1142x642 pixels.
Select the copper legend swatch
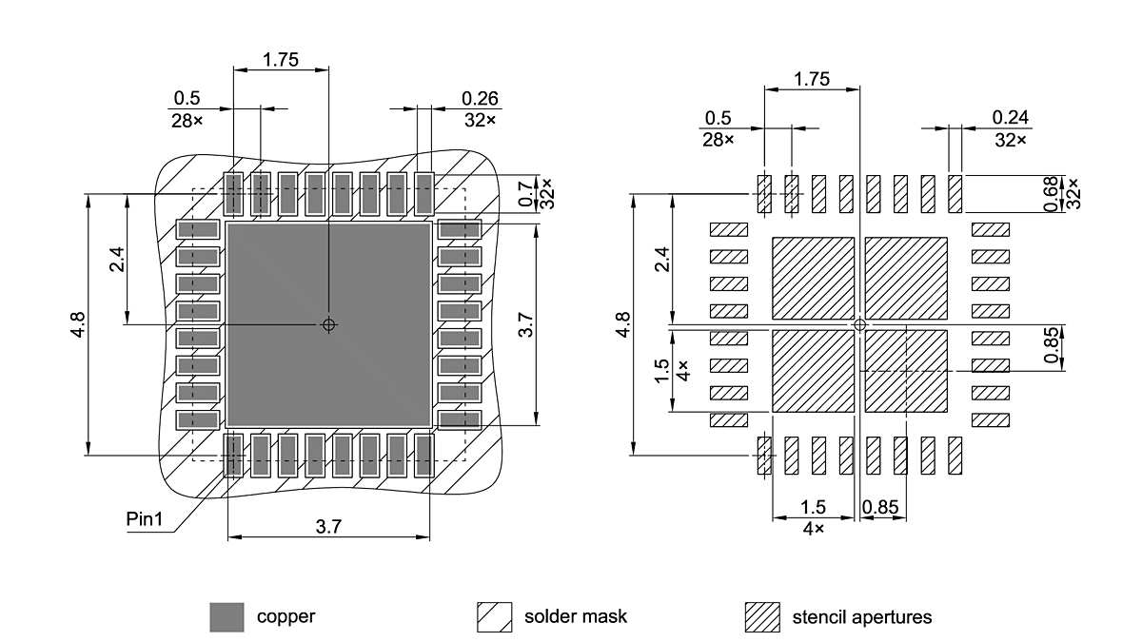226,617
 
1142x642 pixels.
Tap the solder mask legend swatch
494,617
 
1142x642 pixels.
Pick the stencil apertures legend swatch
761,617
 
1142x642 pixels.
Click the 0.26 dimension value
480,98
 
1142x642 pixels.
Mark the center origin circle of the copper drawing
329,324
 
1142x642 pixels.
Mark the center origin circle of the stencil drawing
860,324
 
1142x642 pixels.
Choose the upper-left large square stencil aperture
813,278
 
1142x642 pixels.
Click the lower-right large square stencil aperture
906,371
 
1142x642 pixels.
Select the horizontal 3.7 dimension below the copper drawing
328,525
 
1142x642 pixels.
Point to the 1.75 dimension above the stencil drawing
812,79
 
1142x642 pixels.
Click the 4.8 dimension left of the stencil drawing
622,324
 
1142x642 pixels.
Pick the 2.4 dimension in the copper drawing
116,259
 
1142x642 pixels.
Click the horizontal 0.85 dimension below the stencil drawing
880,507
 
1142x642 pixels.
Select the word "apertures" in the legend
896,617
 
